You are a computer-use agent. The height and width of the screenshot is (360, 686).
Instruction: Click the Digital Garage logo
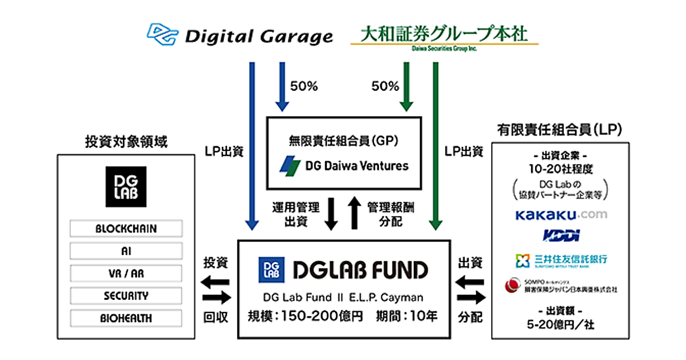tap(240, 35)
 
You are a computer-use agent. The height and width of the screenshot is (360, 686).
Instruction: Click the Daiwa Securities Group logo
tap(444, 36)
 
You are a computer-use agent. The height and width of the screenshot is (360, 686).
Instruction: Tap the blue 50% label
tap(304, 87)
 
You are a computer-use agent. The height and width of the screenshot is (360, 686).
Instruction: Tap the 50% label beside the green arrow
tap(385, 87)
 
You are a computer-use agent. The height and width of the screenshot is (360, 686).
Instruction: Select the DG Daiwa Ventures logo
tap(344, 166)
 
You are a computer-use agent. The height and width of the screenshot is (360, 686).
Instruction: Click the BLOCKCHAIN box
tap(126, 229)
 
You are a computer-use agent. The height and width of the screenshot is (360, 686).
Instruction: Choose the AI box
tap(126, 251)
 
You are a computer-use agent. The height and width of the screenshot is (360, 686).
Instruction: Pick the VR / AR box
tap(126, 273)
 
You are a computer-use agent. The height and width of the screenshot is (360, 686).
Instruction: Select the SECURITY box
tap(126, 295)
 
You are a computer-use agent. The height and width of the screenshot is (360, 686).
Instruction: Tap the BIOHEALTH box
tap(126, 318)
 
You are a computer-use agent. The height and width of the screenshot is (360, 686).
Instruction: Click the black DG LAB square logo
tap(126, 186)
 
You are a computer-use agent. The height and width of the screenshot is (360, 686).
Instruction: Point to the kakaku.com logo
tap(561, 215)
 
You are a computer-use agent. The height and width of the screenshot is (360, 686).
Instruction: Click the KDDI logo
tap(561, 235)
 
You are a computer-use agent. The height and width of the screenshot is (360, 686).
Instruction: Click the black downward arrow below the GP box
tap(330, 214)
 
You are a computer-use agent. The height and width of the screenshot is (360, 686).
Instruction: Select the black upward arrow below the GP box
tap(355, 214)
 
